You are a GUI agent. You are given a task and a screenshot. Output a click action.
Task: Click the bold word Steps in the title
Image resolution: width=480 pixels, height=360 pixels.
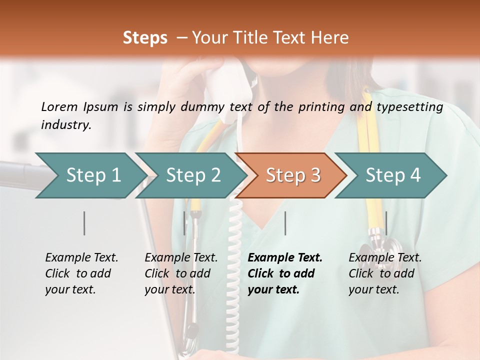(145, 38)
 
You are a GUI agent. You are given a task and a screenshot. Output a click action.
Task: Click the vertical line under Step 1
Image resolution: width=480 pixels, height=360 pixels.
(84, 223)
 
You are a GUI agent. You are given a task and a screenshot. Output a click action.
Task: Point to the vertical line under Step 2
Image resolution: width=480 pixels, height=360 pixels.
(184, 223)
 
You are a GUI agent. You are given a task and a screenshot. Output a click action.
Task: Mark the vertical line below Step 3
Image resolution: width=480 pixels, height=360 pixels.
(285, 223)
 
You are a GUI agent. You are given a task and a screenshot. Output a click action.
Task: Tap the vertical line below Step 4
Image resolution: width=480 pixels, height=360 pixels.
(386, 223)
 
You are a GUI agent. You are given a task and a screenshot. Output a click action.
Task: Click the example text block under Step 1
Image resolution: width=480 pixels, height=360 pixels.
(81, 273)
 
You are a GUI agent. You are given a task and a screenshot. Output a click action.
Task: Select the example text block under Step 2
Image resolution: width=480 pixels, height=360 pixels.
(181, 273)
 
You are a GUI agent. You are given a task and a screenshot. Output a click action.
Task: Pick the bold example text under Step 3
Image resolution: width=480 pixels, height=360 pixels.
(284, 273)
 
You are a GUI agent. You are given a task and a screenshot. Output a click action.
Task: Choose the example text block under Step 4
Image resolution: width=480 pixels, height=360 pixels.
(384, 273)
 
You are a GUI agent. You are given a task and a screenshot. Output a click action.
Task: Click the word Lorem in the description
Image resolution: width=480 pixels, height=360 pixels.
(59, 106)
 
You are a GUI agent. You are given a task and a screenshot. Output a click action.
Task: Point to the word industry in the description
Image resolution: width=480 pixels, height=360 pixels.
(65, 125)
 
